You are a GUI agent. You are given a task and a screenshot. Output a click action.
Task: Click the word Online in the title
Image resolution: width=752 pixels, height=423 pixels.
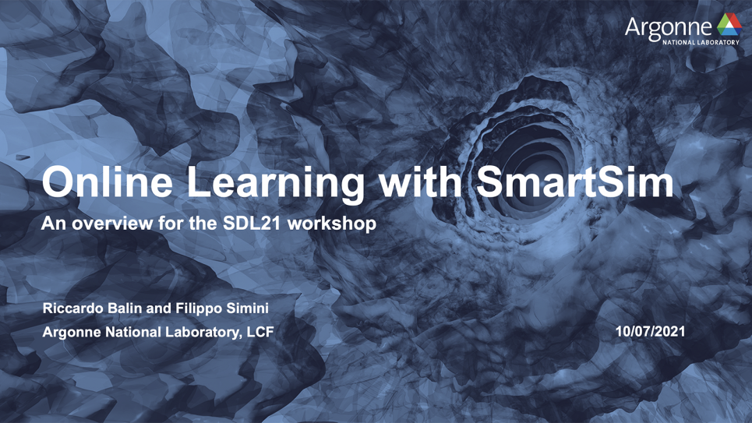[108, 182]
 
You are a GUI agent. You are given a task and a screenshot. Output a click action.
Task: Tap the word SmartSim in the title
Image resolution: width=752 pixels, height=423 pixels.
[575, 182]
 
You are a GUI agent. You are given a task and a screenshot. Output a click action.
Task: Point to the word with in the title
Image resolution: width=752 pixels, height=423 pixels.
[420, 182]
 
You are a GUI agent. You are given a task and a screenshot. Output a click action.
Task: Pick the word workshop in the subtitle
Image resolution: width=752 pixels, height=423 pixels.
[332, 224]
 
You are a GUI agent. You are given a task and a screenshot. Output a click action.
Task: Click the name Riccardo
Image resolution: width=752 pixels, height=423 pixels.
[73, 308]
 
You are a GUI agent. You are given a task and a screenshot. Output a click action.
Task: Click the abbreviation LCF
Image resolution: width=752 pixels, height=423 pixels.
[260, 332]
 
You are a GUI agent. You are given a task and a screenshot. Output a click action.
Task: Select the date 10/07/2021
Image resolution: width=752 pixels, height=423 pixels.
[651, 331]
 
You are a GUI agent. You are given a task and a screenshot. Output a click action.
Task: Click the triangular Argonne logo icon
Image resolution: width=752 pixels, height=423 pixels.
[729, 24]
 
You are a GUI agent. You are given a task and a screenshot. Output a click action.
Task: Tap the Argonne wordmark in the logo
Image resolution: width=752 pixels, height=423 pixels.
[669, 28]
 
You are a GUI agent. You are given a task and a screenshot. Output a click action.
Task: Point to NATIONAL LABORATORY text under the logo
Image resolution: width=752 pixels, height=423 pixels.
[701, 42]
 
